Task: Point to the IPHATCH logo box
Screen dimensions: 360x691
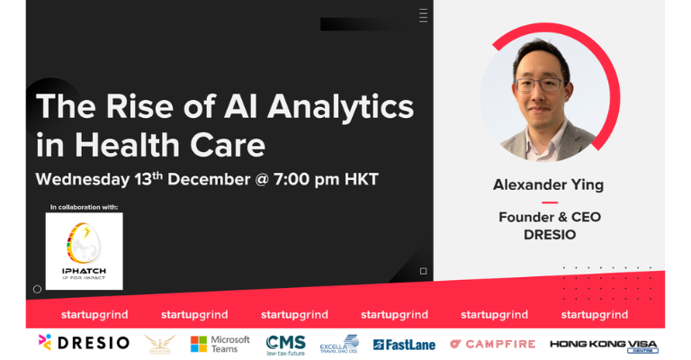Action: pos(84,251)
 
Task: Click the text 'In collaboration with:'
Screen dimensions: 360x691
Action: pos(84,207)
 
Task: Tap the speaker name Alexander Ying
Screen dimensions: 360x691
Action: pos(548,184)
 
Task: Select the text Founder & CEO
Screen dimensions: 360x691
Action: pos(549,217)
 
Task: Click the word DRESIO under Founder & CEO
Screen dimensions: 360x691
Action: pos(549,234)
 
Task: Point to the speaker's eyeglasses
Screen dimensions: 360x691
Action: pos(541,85)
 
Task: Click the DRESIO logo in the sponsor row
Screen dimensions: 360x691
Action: pos(84,343)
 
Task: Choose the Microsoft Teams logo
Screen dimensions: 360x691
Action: pos(213,344)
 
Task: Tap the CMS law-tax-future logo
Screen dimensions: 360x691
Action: pos(286,344)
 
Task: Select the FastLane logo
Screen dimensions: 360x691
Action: pos(404,345)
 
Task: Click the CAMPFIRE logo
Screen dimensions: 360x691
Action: pos(492,344)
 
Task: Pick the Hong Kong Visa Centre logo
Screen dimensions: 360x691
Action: pos(605,344)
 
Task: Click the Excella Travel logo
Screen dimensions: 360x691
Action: pos(339,344)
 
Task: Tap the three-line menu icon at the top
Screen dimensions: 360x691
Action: pos(424,15)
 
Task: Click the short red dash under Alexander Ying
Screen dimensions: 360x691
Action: pos(549,202)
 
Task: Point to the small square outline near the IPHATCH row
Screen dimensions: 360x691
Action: pos(424,271)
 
